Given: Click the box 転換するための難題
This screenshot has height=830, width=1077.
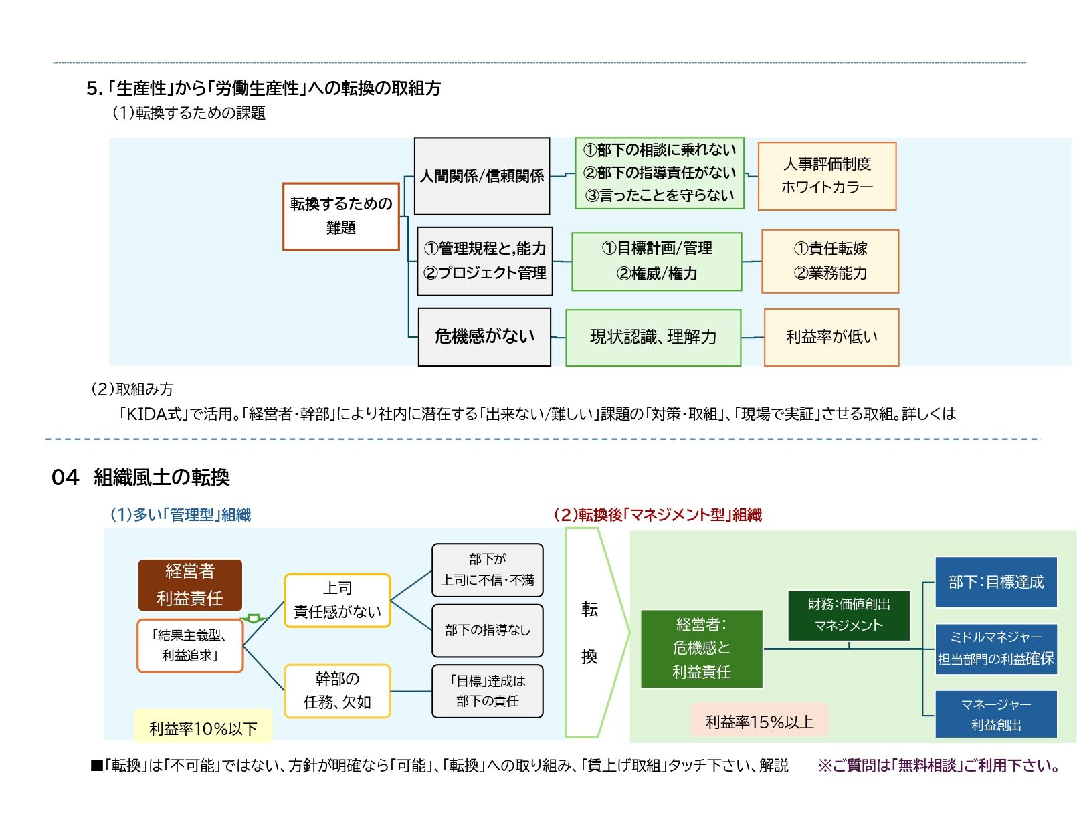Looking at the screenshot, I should pyautogui.click(x=340, y=216).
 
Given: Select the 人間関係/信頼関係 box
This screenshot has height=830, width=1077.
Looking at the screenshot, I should pyautogui.click(x=482, y=176).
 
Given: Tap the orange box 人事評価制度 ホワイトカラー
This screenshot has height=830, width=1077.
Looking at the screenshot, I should pyautogui.click(x=827, y=176).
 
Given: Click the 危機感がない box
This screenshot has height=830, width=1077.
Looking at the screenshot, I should pyautogui.click(x=484, y=336).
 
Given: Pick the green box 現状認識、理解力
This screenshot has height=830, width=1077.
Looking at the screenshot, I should pyautogui.click(x=653, y=337).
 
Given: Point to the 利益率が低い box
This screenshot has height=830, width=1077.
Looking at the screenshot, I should pyautogui.click(x=831, y=337).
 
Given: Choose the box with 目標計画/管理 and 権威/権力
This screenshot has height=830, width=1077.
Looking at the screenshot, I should pyautogui.click(x=656, y=261).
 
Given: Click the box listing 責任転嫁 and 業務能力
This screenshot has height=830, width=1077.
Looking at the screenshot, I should pyautogui.click(x=829, y=261).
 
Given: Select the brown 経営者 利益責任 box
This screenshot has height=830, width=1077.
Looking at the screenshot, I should pyautogui.click(x=190, y=585).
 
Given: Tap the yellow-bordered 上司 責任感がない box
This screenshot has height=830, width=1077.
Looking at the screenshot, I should pyautogui.click(x=337, y=600).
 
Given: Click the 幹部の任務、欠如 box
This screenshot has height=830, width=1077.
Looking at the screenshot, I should pyautogui.click(x=337, y=690).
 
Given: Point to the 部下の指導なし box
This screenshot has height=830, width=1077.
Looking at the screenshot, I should pyautogui.click(x=487, y=630).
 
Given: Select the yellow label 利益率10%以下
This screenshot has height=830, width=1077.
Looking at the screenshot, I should pyautogui.click(x=203, y=728).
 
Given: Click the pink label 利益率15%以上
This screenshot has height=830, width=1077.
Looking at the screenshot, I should pyautogui.click(x=759, y=722).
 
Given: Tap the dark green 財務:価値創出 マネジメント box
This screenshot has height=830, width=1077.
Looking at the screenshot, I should pyautogui.click(x=848, y=615).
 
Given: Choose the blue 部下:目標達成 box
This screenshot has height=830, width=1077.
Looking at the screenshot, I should pyautogui.click(x=995, y=582).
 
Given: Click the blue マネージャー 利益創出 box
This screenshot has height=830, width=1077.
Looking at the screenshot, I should pyautogui.click(x=995, y=714).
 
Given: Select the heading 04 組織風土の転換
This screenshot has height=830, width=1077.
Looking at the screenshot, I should pyautogui.click(x=140, y=477).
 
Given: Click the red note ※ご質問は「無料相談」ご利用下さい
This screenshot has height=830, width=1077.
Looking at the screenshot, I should pyautogui.click(x=938, y=766).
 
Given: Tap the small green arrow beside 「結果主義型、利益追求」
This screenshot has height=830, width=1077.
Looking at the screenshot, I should pyautogui.click(x=254, y=619).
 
